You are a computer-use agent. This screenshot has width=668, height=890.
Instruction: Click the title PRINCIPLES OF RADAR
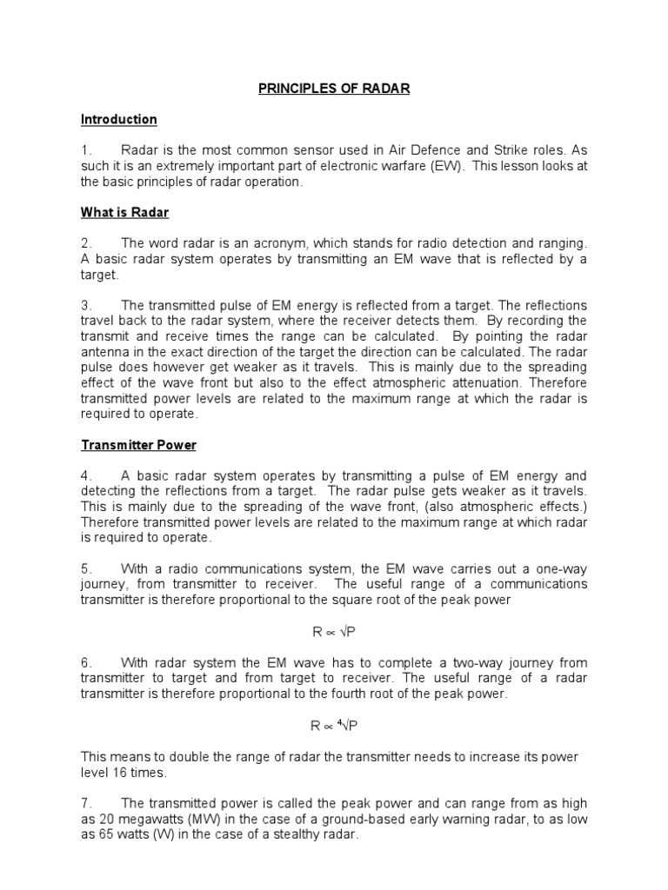(333, 88)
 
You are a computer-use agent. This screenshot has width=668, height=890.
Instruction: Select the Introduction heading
(119, 119)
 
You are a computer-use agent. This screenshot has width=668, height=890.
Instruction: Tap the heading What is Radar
(124, 212)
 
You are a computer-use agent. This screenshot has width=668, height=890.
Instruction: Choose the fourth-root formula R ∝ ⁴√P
(333, 726)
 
